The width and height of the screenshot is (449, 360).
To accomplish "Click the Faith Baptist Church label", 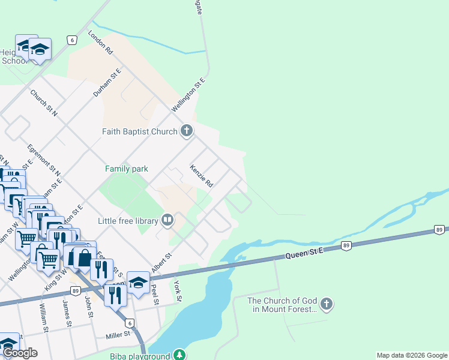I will pyautogui.click(x=140, y=131).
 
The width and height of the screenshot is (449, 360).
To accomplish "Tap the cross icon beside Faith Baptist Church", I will pyautogui.click(x=187, y=131).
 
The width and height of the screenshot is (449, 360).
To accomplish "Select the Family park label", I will pyautogui.click(x=127, y=169).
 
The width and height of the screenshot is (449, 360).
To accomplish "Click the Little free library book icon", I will pyautogui.click(x=167, y=221).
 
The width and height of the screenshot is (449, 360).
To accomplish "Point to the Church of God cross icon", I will pyautogui.click(x=326, y=305).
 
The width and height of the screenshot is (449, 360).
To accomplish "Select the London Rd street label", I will pyautogui.click(x=100, y=43).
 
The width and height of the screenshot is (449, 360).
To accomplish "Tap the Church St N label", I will pyautogui.click(x=43, y=103).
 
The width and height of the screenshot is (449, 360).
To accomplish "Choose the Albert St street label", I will pyautogui.click(x=161, y=263).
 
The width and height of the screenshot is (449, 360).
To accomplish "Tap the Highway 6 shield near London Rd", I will pyautogui.click(x=72, y=40).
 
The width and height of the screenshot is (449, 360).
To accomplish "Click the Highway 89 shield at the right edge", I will pyautogui.click(x=439, y=229).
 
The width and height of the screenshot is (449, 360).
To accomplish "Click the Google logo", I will pyautogui.click(x=20, y=353).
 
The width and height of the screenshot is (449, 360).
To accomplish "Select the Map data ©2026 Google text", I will pyautogui.click(x=412, y=355).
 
